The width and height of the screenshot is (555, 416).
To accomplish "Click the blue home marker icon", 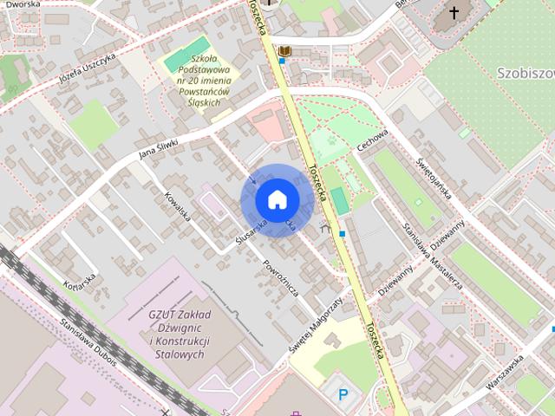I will tap(277, 200).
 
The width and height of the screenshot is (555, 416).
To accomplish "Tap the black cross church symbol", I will tap(454, 13).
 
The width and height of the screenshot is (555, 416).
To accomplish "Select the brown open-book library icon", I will tap(284, 52).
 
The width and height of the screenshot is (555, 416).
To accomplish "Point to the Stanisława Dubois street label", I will tap(89, 338).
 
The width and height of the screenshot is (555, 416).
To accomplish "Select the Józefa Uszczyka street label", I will tap(86, 58).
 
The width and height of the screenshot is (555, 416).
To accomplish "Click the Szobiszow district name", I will tap(526, 71).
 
